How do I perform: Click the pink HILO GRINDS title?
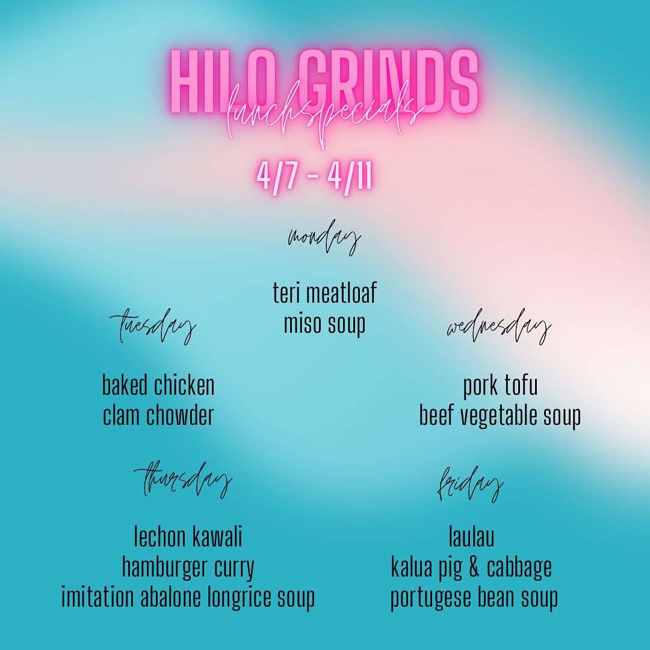click(x=324, y=81)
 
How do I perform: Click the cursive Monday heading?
click(x=324, y=240)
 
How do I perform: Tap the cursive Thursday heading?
click(x=183, y=481)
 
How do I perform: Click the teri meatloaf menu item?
click(x=324, y=293)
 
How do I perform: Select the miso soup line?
click(x=324, y=324)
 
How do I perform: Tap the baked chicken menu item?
click(x=158, y=386)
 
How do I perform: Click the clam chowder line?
click(x=158, y=416)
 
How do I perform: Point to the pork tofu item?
click(x=500, y=386)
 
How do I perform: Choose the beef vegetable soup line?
click(x=500, y=416)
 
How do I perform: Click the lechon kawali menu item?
click(x=188, y=537)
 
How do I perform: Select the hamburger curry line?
click(x=188, y=568)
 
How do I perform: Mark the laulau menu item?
click(x=471, y=537)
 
